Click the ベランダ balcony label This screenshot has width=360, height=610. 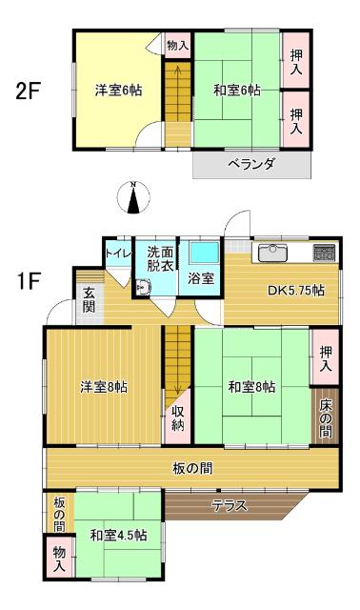(251, 164)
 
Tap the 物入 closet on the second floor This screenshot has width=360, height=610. (176, 46)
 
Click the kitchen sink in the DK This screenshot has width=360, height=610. (272, 254)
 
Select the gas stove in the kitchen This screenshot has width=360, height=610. (324, 254)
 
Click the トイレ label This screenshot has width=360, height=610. (118, 254)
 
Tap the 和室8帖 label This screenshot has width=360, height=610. (251, 387)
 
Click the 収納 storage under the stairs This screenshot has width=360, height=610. (178, 419)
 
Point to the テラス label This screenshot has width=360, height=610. (230, 505)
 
